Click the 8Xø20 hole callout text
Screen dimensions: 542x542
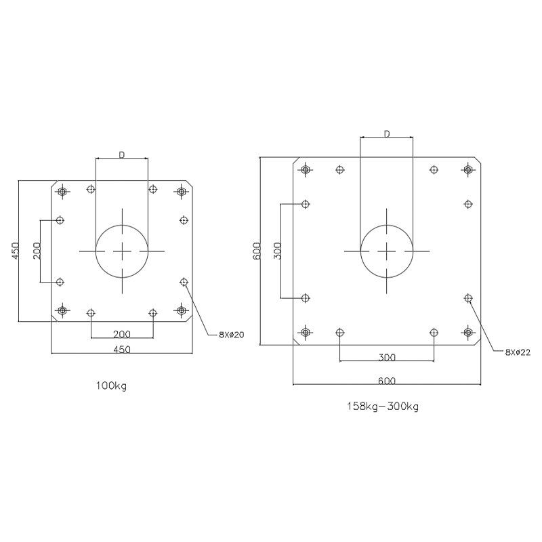tap(231, 335)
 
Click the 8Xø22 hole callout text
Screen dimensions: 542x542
tap(518, 352)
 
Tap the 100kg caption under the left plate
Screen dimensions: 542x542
tap(111, 385)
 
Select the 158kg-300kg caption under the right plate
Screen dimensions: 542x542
tap(383, 406)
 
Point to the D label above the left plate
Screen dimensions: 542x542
tap(122, 155)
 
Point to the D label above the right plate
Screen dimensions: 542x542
tap(387, 133)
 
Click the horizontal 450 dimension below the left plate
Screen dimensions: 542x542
tap(122, 350)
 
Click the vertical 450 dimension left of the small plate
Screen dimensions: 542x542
tap(16, 251)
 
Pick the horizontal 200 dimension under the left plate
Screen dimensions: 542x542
tap(122, 334)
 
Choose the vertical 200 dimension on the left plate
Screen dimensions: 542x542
tap(37, 251)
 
